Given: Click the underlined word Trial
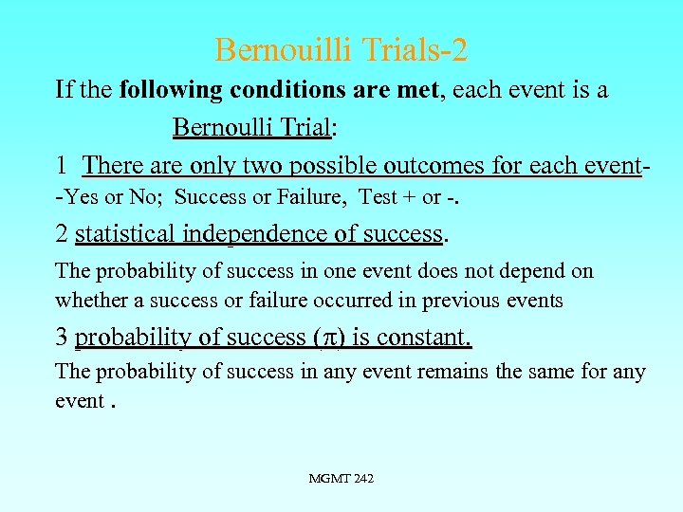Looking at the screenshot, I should coord(299,127).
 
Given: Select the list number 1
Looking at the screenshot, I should coord(61,166).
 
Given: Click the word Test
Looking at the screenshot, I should coord(378,198).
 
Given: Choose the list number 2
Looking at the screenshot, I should coord(62,233).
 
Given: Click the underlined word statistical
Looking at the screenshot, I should coord(126,233).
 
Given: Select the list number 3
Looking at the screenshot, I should coord(62,338).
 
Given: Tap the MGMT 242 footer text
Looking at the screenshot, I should coord(341,479).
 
